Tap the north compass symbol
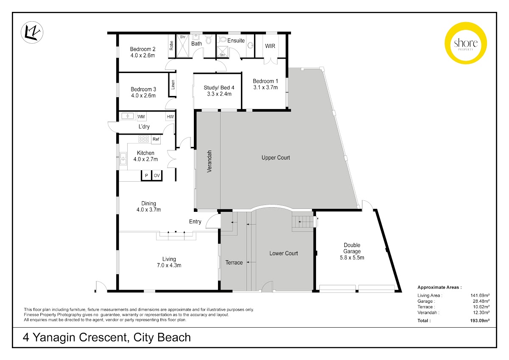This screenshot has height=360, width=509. pos(32,32)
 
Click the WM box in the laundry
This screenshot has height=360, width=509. pos(141,117)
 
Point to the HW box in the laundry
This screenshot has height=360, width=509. pos(170,117)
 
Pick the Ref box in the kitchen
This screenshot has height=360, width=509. pos(156,139)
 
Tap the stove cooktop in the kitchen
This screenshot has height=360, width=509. pos(143,139)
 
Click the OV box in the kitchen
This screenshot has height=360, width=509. pos(157,175)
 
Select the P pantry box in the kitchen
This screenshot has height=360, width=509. pos(146,175)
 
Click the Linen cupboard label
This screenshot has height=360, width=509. pos(173,84)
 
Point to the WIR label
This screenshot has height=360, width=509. pos(270,46)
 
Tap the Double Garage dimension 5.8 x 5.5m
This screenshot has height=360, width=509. pos(352,257)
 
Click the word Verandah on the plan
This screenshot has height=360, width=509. pos(209,161)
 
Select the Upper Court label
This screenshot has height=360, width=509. pos(276,157)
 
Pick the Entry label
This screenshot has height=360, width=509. pos(195,222)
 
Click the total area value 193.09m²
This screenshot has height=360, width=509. pos(480,321)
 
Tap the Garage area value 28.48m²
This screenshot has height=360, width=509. pos(481,301)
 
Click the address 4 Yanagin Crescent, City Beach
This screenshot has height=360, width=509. pos(106,337)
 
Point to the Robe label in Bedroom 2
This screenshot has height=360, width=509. pos(171,45)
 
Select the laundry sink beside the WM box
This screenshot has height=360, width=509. pos(128,116)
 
